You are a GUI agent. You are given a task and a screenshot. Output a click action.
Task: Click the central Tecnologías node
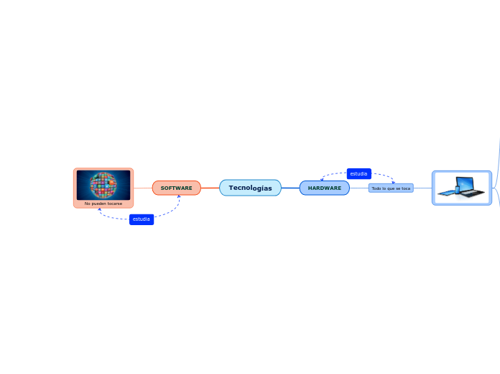[250, 188]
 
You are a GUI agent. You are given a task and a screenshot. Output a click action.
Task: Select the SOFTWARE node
[176, 188]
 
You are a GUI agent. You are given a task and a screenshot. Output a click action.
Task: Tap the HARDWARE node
[324, 188]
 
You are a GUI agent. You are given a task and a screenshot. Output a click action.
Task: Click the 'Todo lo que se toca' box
[391, 188]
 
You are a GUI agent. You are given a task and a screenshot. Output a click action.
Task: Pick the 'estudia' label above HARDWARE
[359, 174]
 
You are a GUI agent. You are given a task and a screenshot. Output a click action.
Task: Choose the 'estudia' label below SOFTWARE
[142, 219]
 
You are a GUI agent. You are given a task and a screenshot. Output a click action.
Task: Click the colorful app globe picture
[103, 185]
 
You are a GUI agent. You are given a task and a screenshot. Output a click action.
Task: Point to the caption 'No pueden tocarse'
[103, 204]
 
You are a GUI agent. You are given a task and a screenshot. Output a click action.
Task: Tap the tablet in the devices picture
[447, 193]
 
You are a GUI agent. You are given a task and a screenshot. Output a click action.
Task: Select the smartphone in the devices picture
[458, 190]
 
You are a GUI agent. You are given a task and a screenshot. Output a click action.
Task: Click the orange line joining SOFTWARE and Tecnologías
[210, 188]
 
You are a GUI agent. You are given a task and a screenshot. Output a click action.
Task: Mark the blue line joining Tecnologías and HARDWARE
[290, 188]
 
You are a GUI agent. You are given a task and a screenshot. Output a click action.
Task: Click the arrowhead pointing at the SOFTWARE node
[179, 196]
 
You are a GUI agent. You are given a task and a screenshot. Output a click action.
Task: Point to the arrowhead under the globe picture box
[99, 209]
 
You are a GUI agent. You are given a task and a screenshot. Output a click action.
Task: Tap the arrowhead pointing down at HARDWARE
[322, 179]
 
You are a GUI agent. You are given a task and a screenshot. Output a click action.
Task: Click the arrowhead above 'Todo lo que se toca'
[394, 182]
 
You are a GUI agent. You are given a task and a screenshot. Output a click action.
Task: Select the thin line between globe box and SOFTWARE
[143, 188]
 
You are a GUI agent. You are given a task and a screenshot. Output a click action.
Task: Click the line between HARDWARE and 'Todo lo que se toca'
[359, 188]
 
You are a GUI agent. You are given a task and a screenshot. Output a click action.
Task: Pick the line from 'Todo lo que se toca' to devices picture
[423, 188]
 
